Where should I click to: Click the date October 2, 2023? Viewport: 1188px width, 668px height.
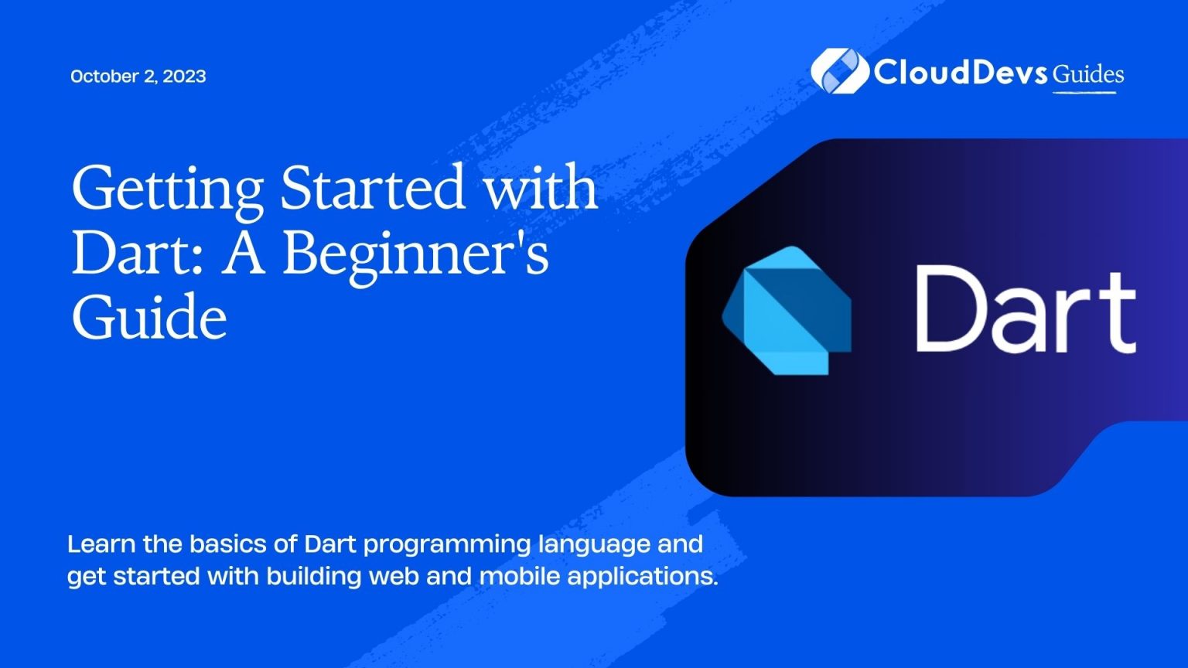click(x=138, y=76)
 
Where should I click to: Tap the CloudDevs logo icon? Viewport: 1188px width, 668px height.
click(x=839, y=71)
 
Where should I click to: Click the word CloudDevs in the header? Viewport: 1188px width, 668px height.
click(x=961, y=73)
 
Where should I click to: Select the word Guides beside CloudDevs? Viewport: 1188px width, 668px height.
click(x=1088, y=74)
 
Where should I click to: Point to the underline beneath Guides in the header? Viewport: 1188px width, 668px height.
click(x=1084, y=93)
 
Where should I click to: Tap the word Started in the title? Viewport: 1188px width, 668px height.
click(x=373, y=188)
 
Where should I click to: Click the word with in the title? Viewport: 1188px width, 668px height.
click(x=541, y=188)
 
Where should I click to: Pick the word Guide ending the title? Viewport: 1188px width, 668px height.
click(x=148, y=318)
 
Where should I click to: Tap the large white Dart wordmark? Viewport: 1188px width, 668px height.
click(x=1025, y=310)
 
